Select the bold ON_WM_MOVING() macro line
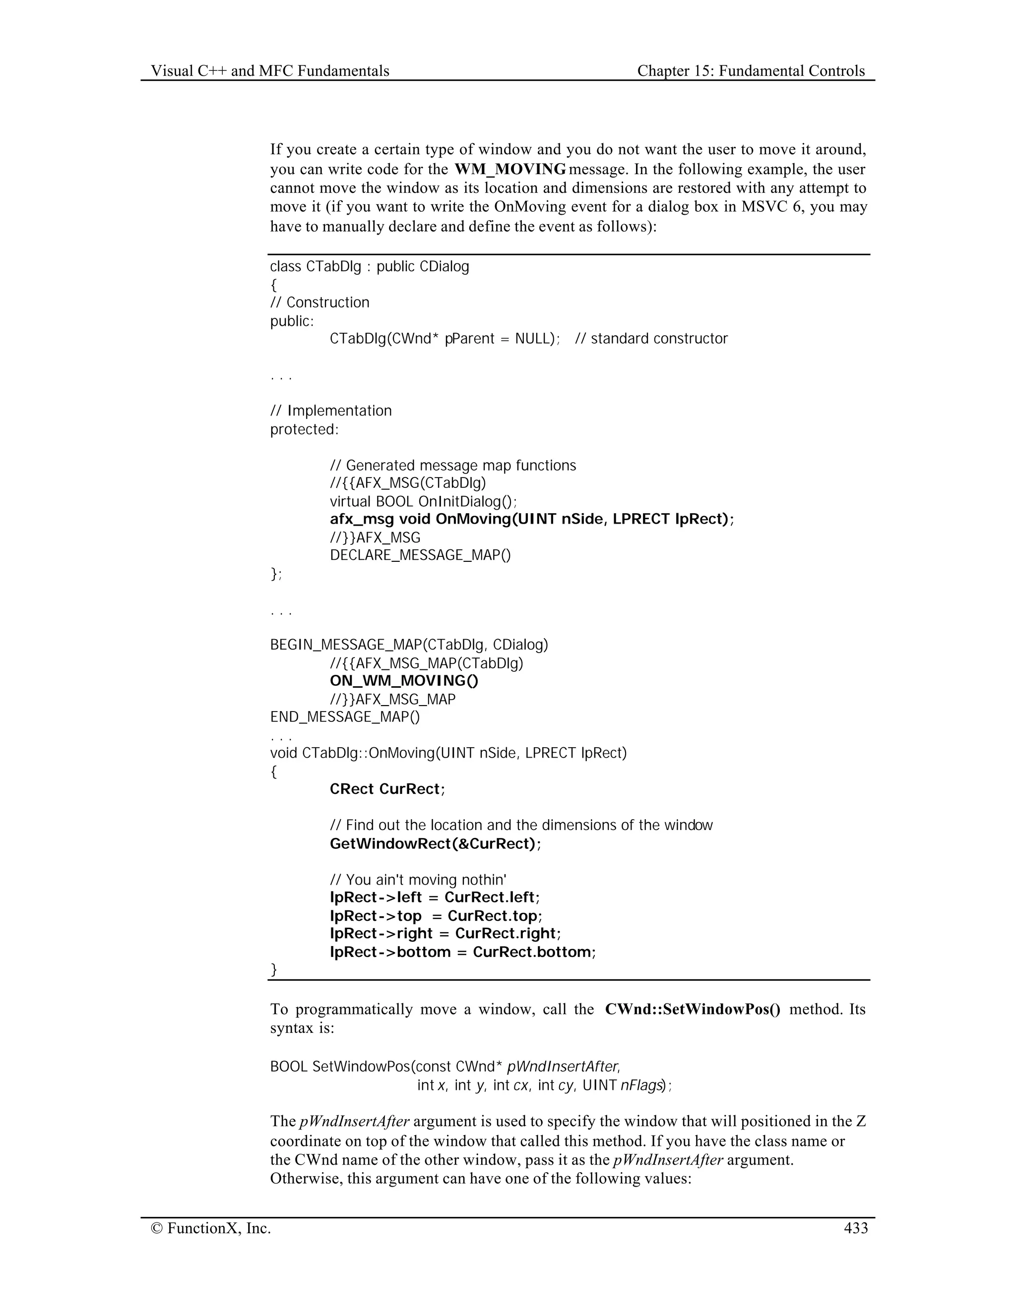pos(404,681)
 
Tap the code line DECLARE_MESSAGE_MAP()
pos(420,555)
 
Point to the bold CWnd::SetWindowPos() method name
pos(692,1010)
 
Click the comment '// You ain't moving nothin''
pos(418,880)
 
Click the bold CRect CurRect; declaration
pos(387,789)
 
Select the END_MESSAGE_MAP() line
pos(345,717)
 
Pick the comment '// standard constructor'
pos(651,339)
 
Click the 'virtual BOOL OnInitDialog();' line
pos(423,501)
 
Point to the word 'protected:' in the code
pos(305,429)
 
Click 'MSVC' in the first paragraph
pos(762,207)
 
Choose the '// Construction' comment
pos(319,302)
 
